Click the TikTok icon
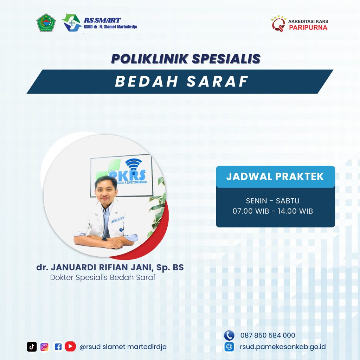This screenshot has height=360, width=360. (x=32, y=347)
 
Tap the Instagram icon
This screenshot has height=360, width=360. (x=45, y=347)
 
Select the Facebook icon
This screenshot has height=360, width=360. (x=58, y=347)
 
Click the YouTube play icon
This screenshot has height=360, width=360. (x=70, y=346)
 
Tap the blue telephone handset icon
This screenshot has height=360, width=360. (x=229, y=335)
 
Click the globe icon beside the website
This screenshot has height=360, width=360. (x=229, y=347)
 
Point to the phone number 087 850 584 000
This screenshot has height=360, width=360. (x=268, y=335)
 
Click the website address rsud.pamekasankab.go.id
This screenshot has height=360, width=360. (x=283, y=347)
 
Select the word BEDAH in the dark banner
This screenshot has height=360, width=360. (x=147, y=82)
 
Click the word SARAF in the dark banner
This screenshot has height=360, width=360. (x=218, y=82)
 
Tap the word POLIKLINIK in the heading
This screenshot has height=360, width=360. (x=150, y=59)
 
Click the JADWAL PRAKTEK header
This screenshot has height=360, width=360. (x=275, y=176)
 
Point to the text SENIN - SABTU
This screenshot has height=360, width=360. (x=273, y=201)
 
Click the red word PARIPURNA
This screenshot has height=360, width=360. (x=308, y=27)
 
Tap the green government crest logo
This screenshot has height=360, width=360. (x=46, y=22)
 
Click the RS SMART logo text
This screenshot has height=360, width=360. (x=102, y=20)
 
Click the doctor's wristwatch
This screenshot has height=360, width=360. (x=104, y=239)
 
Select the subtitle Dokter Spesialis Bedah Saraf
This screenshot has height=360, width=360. (x=103, y=278)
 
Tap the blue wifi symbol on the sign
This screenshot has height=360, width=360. (x=133, y=164)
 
